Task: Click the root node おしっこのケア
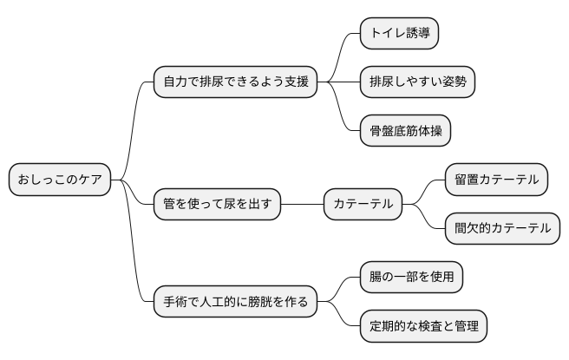tap(60, 180)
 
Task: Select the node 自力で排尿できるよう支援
tap(233, 82)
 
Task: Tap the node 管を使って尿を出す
tap(217, 205)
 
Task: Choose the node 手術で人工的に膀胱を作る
tap(233, 303)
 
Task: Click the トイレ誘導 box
tap(399, 34)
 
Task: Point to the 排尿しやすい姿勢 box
tap(418, 82)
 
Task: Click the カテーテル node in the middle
tap(363, 205)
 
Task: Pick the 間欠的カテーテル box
tap(502, 229)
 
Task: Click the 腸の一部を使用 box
tap(411, 278)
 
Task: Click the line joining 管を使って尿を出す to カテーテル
tap(303, 205)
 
